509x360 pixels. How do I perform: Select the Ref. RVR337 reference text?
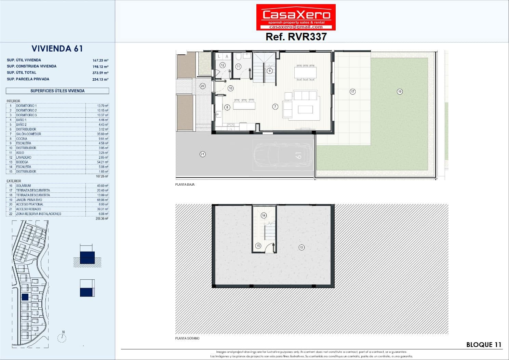296,37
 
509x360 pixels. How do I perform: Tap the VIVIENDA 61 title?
57,49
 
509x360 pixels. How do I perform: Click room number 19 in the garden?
400,91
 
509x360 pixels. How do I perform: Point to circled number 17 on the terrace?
352,91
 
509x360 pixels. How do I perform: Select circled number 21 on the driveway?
202,154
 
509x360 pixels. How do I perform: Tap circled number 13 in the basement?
301,247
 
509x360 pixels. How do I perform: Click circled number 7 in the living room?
275,107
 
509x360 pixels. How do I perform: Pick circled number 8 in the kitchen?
227,107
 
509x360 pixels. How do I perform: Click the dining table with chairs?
306,72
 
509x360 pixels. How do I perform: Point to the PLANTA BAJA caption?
185,185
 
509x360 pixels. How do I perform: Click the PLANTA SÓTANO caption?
187,338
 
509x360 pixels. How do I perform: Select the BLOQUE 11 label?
484,345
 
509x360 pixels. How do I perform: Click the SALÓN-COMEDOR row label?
28,134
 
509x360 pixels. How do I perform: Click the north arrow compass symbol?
62,337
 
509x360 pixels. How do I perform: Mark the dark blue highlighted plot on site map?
25,297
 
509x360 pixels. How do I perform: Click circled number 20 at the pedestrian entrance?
202,86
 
